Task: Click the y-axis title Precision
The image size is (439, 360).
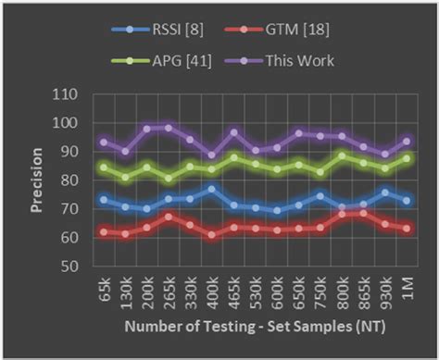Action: (x=36, y=180)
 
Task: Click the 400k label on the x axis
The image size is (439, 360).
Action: (x=211, y=294)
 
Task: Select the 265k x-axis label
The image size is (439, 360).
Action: (x=169, y=294)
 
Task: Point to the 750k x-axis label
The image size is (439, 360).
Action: (x=320, y=294)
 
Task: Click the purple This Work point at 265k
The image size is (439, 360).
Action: (x=168, y=128)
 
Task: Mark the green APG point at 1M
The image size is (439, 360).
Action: (x=407, y=158)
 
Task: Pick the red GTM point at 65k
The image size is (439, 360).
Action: (x=104, y=231)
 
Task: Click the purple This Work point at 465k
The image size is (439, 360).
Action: (x=233, y=133)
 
